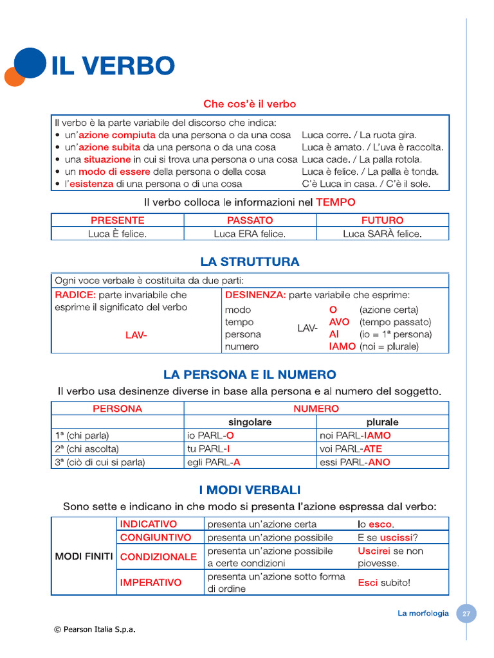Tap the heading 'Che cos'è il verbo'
click(250, 103)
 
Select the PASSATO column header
click(250, 220)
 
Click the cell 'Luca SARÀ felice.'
click(382, 234)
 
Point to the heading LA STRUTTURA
click(250, 262)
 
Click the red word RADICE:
click(75, 295)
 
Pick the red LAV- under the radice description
click(136, 334)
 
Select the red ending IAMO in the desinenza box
click(342, 346)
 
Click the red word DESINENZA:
click(255, 295)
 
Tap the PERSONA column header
click(117, 409)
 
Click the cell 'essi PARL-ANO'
click(355, 462)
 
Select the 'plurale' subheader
click(382, 422)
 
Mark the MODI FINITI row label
click(84, 556)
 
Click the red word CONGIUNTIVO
click(156, 537)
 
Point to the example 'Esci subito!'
click(384, 583)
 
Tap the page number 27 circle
click(466, 614)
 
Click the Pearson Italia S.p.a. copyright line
click(95, 629)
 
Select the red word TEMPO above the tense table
click(335, 202)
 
